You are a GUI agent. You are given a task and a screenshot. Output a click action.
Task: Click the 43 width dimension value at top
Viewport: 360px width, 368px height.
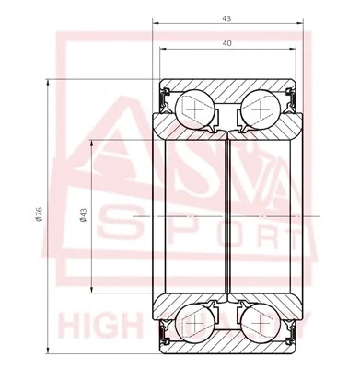[226, 17]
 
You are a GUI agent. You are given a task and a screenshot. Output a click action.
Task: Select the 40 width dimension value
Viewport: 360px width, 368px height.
[226, 42]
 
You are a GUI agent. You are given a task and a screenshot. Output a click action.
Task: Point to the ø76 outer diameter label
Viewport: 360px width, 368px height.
[38, 214]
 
